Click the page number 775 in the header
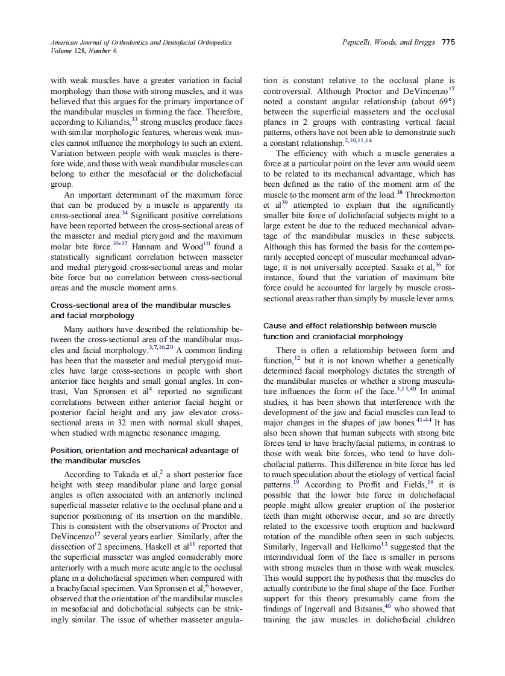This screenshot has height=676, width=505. [448, 42]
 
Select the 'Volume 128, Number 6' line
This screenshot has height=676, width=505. [84, 51]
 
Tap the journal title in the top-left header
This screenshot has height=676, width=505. [140, 42]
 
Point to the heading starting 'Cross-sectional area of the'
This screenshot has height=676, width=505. [140, 305]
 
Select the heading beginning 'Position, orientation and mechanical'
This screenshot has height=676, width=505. [145, 450]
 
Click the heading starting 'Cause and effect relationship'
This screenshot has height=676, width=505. [350, 325]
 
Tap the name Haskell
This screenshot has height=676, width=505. [162, 546]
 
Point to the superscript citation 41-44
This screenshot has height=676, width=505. [424, 420]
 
